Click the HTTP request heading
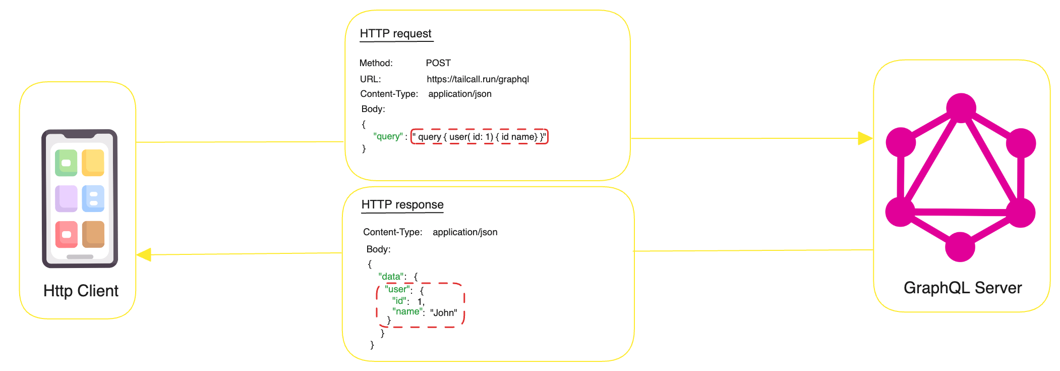coord(395,34)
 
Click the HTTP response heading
coord(402,204)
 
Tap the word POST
coord(438,63)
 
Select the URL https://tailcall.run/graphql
coord(478,79)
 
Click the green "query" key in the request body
coord(388,136)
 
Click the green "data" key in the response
coord(392,277)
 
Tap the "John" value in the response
coord(443,313)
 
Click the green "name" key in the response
coord(407,312)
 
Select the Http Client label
coord(81,291)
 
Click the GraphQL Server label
coord(962,288)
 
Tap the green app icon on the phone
coord(66,163)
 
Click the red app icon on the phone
coord(66,234)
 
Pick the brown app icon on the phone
coord(93,234)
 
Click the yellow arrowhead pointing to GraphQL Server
coord(864,138)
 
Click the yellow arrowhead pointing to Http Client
coord(144,254)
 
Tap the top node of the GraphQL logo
coord(961,108)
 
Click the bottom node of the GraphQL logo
coord(960,247)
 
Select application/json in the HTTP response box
coord(464,232)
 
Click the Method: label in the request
coord(376,63)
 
